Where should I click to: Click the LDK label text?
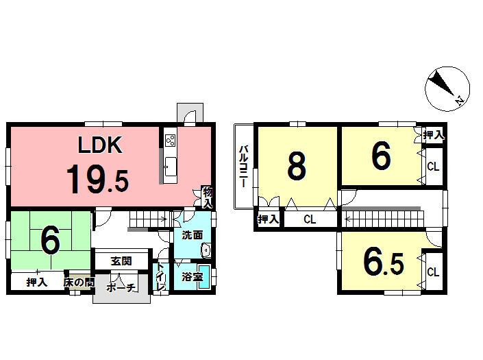point(99,145)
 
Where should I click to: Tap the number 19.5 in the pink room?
point(97,179)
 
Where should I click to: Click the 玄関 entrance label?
point(122,261)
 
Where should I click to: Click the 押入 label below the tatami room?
point(37,282)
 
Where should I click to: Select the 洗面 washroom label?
point(192,235)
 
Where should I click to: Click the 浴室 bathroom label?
point(191,277)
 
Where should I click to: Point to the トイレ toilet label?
point(160,278)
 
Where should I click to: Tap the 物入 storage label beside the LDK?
point(208,197)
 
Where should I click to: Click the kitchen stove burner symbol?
point(170,142)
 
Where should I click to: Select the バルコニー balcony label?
point(243,167)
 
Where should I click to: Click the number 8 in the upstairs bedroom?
point(296,166)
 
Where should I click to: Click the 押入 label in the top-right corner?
point(432,135)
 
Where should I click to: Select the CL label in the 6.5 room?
point(432,272)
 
